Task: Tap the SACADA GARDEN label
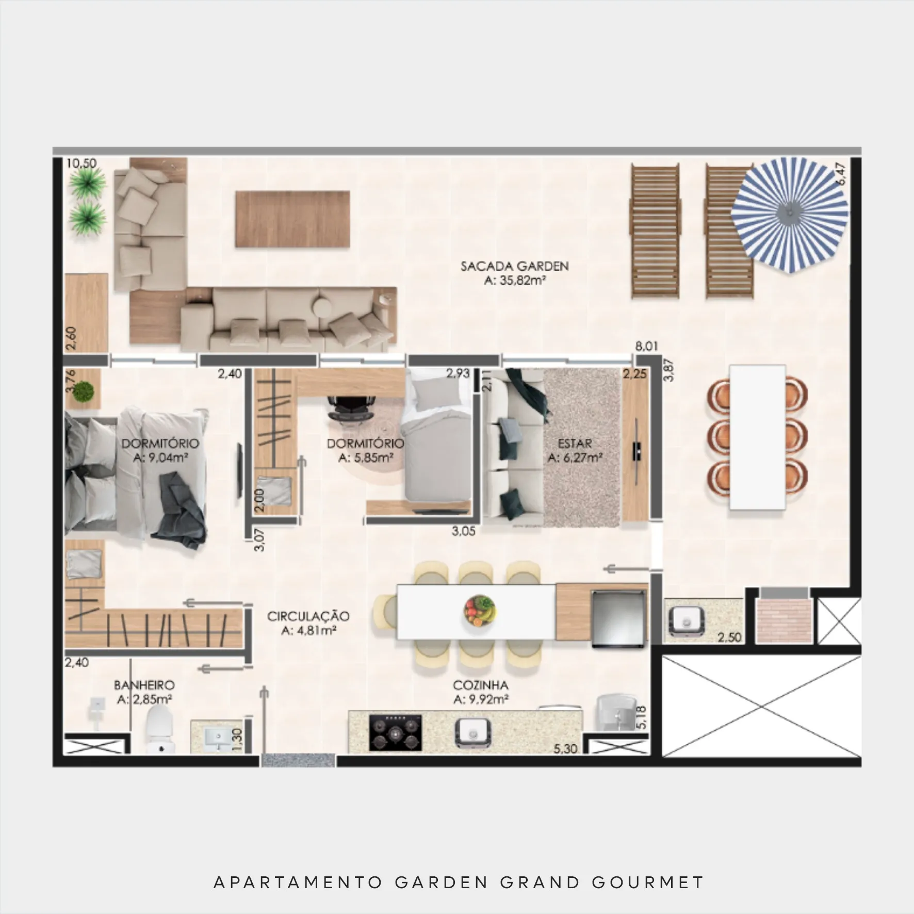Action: [514, 267]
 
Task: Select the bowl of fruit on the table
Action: [480, 610]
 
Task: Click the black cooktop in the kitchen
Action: [395, 732]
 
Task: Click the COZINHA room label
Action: [480, 685]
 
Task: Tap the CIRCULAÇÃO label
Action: [308, 616]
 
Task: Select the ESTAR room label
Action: [575, 443]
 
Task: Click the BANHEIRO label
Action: [144, 685]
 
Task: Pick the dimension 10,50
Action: [81, 163]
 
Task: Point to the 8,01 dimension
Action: [646, 346]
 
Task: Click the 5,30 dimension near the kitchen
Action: [565, 748]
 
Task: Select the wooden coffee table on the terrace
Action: [292, 219]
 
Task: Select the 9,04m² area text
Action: [160, 457]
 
